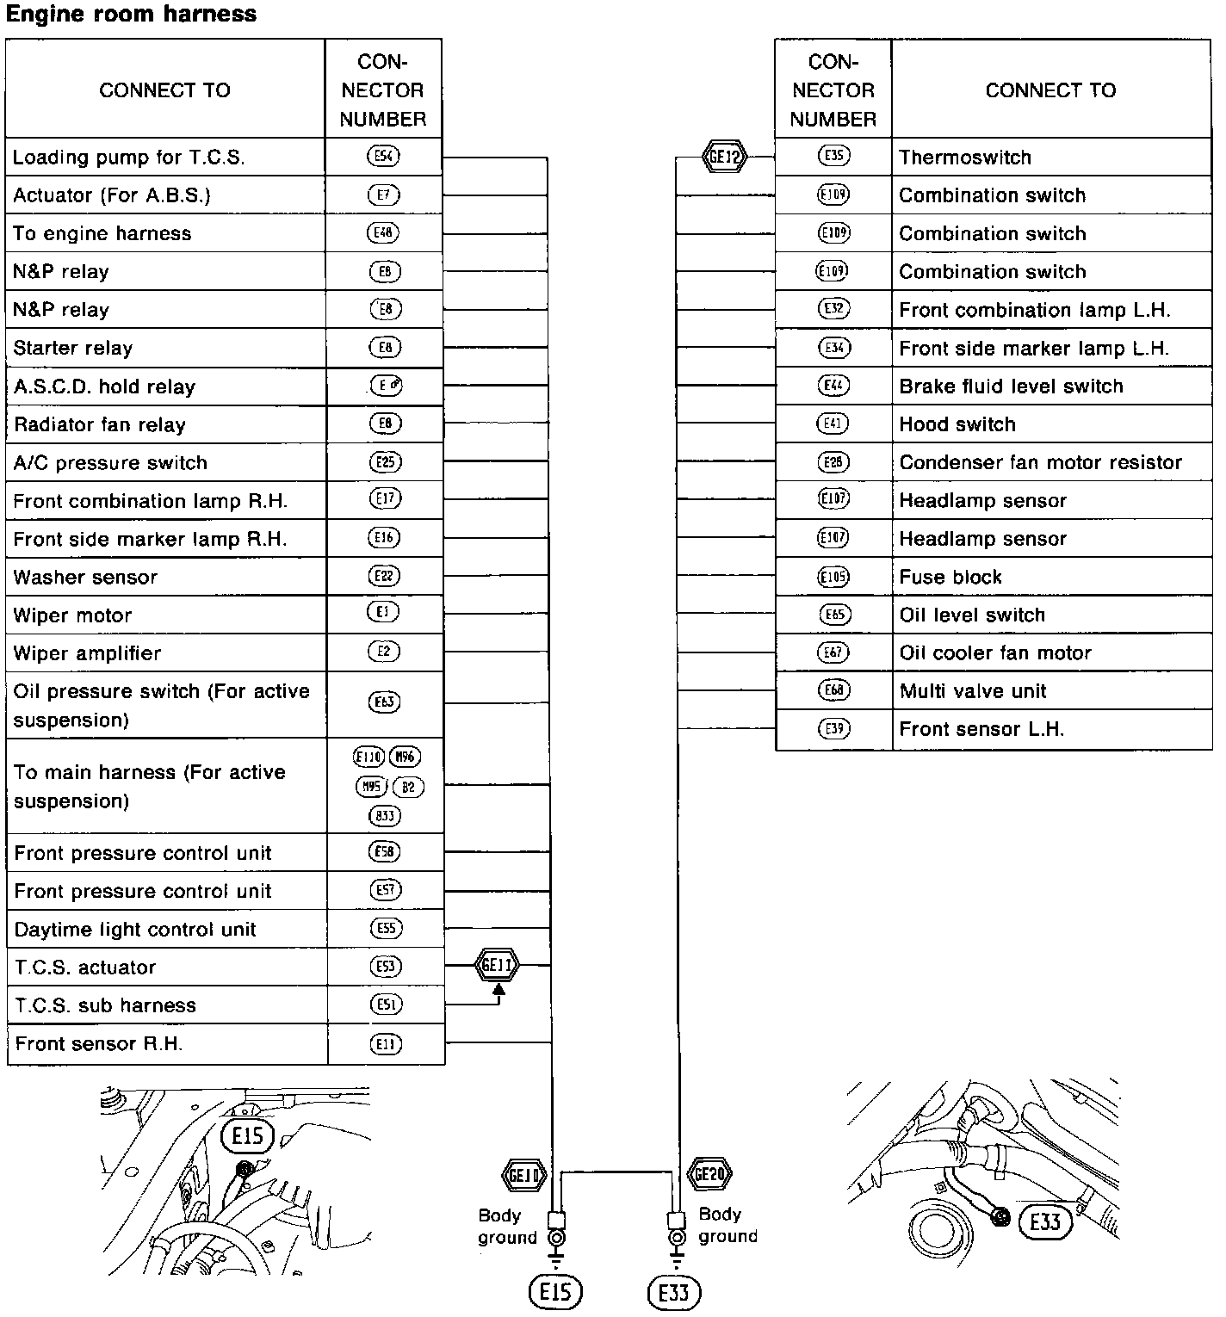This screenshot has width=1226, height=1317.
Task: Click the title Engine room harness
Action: [x=131, y=14]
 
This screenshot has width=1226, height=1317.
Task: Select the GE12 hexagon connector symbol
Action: [x=724, y=157]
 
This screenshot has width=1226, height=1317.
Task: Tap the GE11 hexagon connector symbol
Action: [x=497, y=965]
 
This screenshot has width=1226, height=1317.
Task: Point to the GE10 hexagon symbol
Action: [x=523, y=1175]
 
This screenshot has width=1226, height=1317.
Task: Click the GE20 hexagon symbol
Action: [x=709, y=1173]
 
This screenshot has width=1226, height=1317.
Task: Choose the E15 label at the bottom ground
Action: [x=555, y=1291]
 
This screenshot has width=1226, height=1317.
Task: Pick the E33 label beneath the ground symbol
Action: [x=673, y=1292]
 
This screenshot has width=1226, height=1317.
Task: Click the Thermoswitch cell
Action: [x=964, y=158]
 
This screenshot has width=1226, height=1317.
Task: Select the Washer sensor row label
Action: [x=85, y=577]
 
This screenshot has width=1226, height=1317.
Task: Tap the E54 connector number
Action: [x=383, y=157]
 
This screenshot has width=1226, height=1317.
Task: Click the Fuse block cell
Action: [x=950, y=577]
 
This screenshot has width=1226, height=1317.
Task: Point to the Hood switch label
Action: [x=957, y=424]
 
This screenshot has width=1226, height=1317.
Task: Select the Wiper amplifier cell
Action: [x=87, y=653]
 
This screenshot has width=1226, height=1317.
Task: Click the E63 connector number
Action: [x=384, y=702]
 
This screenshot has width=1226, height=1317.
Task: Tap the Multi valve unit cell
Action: [x=973, y=691]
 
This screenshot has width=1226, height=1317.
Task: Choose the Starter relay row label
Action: [x=73, y=348]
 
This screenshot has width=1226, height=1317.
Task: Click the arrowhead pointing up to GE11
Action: [x=498, y=989]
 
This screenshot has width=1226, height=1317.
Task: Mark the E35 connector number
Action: [x=833, y=157]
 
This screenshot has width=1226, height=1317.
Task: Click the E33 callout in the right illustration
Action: [x=1044, y=1221]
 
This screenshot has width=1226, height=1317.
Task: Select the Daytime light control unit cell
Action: [x=135, y=930]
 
